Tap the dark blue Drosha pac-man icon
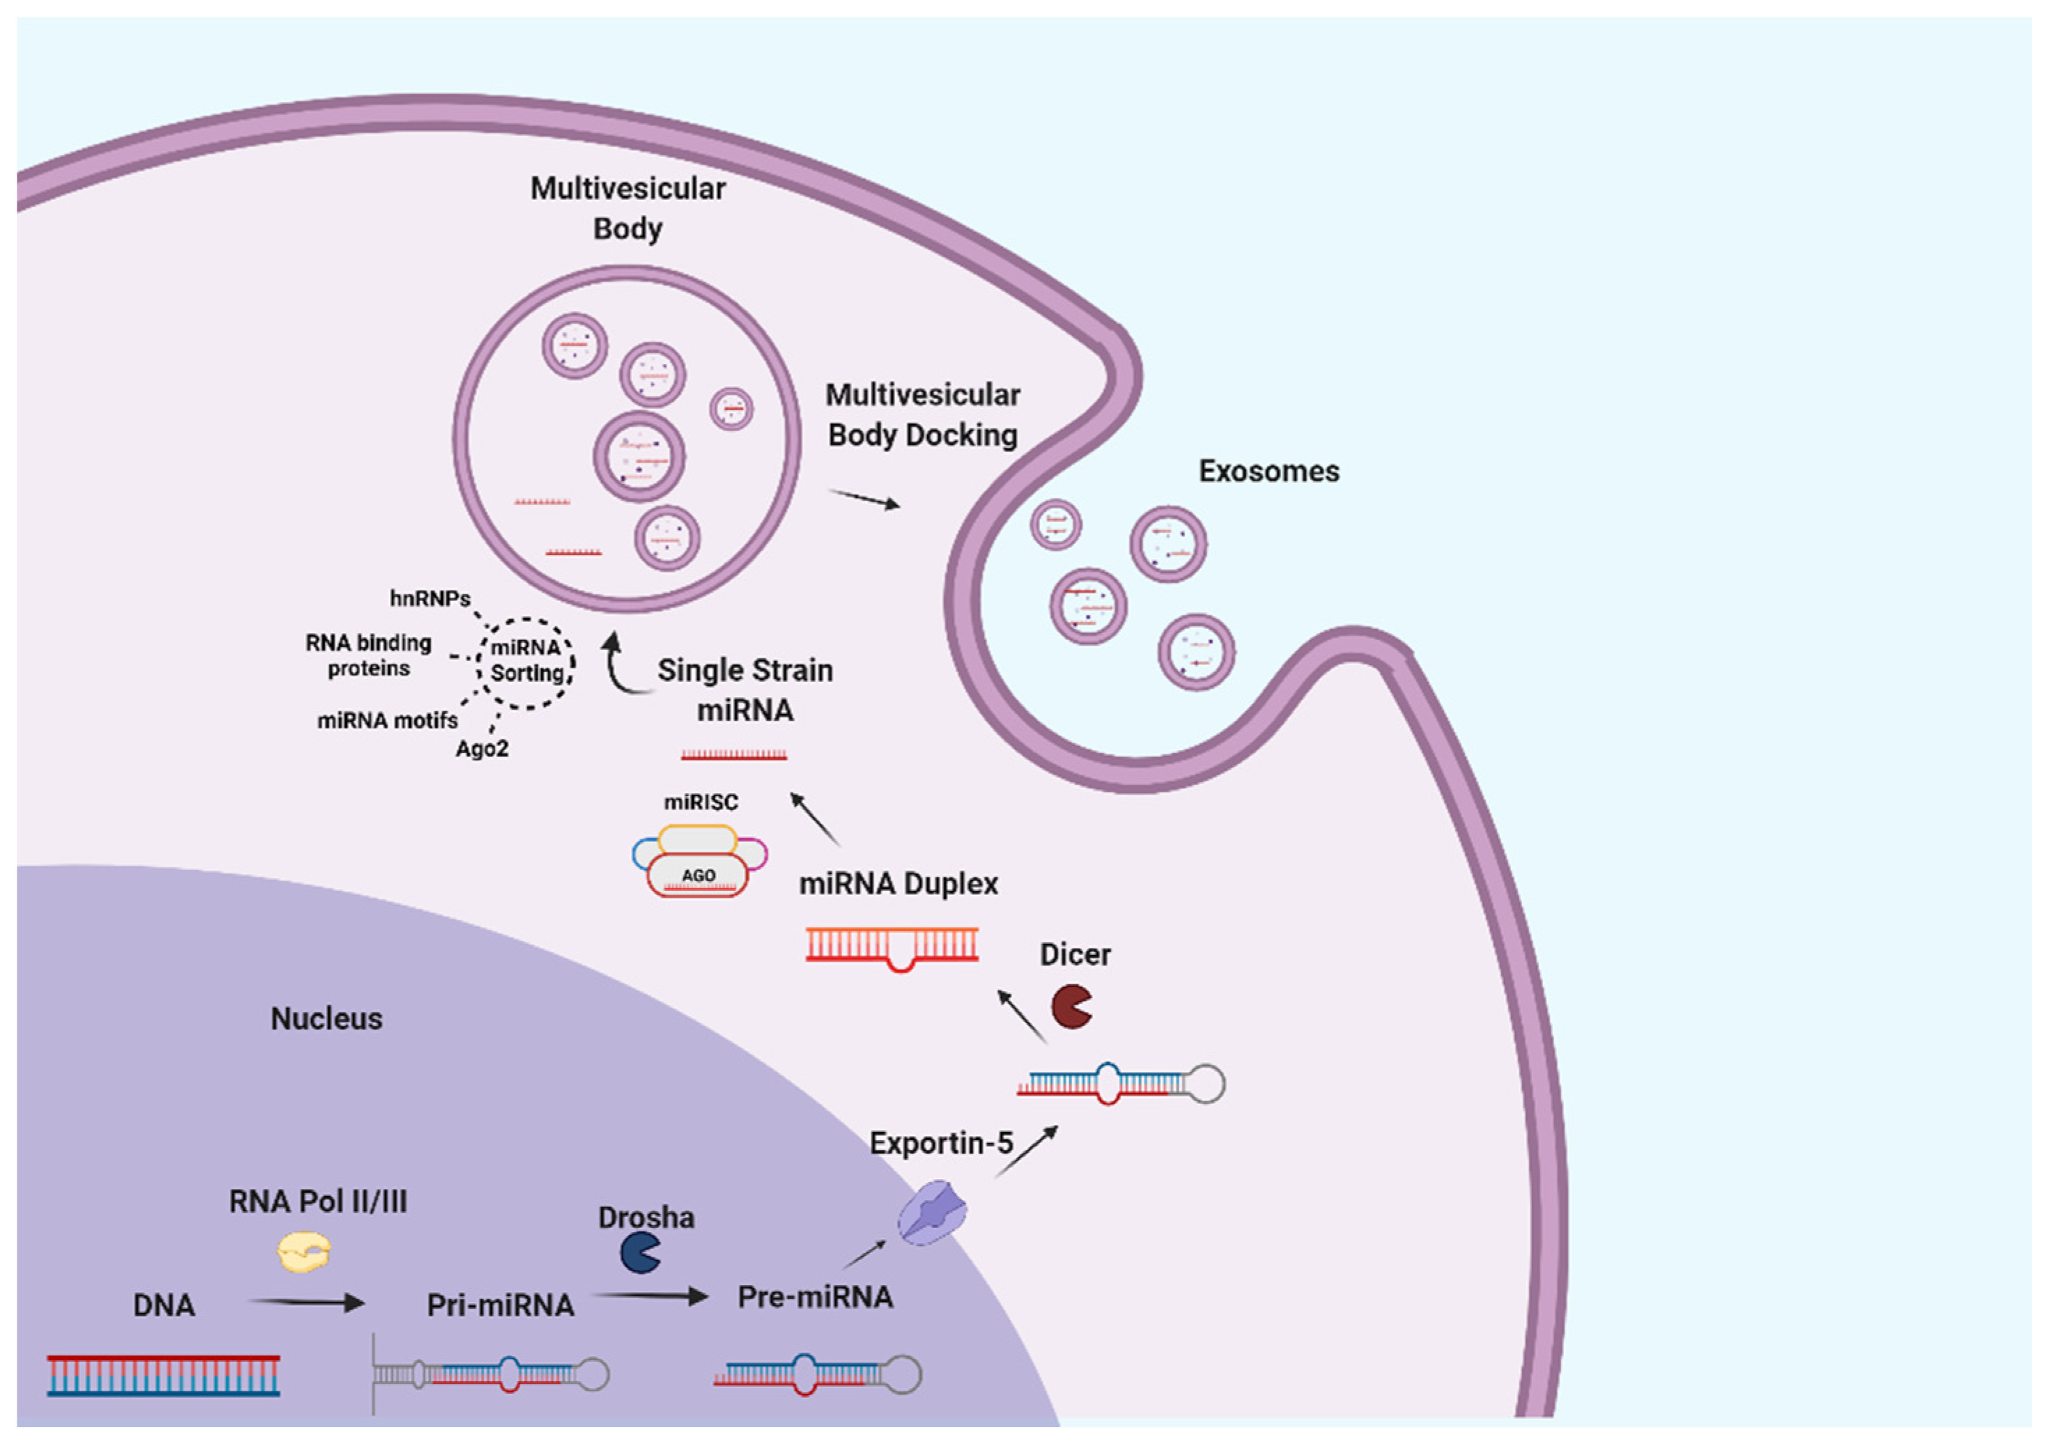point(639,1252)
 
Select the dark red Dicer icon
point(1071,1006)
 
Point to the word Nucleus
point(327,1019)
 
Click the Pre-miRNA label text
point(814,1297)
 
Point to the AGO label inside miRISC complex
point(699,875)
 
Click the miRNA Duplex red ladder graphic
point(892,947)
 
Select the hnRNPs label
point(430,598)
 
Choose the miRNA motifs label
point(387,720)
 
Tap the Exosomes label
point(1268,471)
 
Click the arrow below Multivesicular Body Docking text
point(864,499)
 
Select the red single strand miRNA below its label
point(734,756)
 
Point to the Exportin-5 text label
point(941,1143)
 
